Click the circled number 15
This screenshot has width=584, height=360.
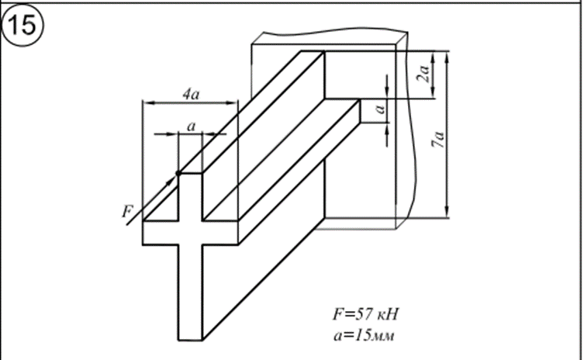[x=22, y=26]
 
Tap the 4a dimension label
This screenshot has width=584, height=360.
[x=191, y=95]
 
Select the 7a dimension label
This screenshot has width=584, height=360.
[x=438, y=140]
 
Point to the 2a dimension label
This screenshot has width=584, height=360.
[x=423, y=72]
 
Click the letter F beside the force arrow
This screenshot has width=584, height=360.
[x=127, y=212]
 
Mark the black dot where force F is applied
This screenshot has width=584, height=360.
[x=178, y=173]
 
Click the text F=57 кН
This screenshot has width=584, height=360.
[x=365, y=314]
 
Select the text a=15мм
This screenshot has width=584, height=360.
[x=364, y=335]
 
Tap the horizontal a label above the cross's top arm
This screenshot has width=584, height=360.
[x=191, y=126]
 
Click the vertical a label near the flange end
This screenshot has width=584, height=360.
[x=380, y=109]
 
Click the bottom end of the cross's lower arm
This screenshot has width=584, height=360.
[x=190, y=340]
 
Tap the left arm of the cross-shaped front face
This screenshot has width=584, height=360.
[x=161, y=233]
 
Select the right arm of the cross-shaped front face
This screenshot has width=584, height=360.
[x=220, y=233]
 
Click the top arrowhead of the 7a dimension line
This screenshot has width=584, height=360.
[x=447, y=57]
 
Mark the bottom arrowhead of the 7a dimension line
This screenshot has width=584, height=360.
[x=447, y=213]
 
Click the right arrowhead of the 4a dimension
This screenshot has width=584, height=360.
[x=232, y=103]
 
